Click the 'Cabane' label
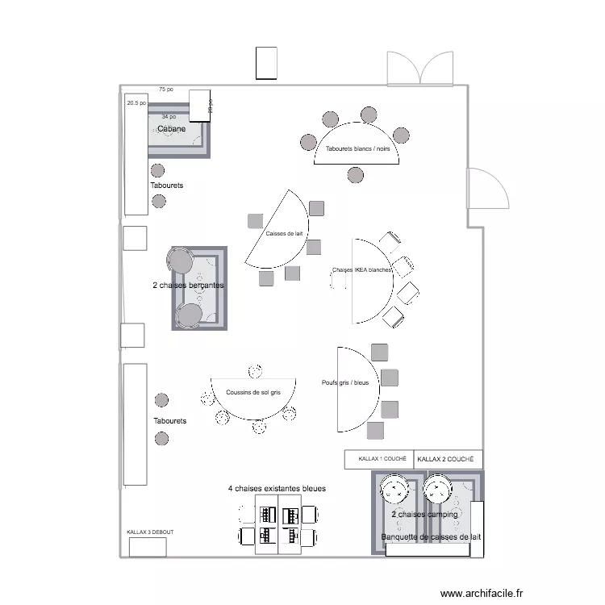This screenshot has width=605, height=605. [171, 129]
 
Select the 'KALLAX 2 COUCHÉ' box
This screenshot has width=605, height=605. [448, 459]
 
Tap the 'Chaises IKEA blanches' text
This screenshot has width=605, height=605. [361, 270]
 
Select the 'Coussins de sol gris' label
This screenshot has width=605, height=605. [253, 393]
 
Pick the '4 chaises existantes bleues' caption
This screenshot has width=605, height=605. [277, 489]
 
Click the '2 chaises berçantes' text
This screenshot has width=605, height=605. [188, 286]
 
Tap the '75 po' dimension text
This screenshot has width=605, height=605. [166, 90]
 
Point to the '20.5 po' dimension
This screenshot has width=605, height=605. [136, 103]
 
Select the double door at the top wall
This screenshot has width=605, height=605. [419, 69]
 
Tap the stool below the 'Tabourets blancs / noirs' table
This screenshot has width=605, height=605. [355, 174]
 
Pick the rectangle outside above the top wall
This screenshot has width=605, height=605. [267, 63]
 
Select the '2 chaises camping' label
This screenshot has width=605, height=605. [424, 514]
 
